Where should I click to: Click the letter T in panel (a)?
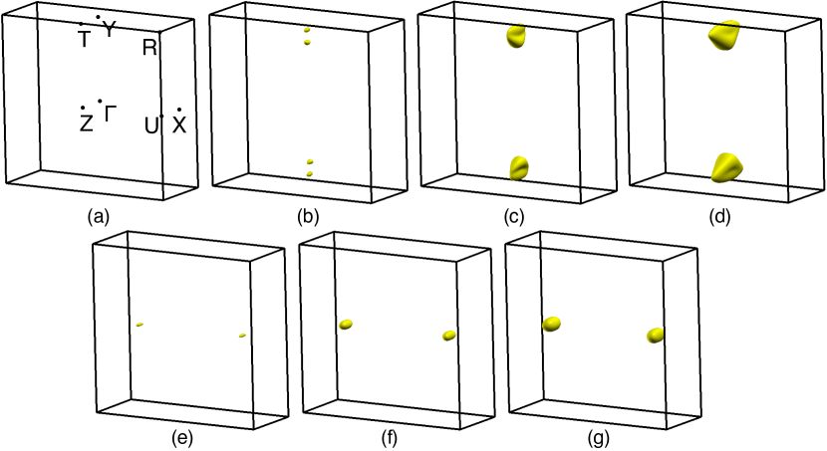click(85, 39)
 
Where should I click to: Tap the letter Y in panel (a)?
click(109, 30)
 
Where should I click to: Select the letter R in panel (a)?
click(149, 48)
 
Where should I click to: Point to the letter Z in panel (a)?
click(86, 123)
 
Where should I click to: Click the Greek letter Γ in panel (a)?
click(111, 113)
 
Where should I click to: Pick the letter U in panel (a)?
click(151, 125)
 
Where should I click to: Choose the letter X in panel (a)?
click(180, 125)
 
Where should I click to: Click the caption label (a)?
click(98, 217)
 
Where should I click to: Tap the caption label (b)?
click(308, 217)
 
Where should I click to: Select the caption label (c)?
click(513, 217)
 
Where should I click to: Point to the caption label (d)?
click(720, 217)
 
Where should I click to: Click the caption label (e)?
click(182, 438)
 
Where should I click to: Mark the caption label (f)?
click(389, 438)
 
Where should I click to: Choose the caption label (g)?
click(599, 438)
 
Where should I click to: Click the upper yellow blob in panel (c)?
click(516, 37)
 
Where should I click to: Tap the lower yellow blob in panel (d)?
click(727, 167)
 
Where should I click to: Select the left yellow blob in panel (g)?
click(551, 324)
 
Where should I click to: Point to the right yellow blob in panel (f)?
click(449, 336)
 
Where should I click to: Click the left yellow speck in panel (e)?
click(139, 325)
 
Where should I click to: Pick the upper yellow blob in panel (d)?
click(724, 35)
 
